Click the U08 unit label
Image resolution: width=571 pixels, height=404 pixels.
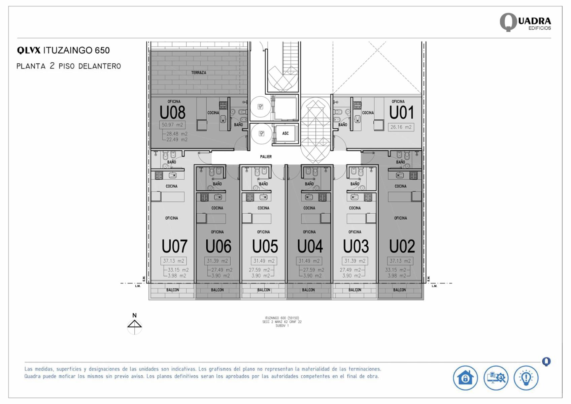172,113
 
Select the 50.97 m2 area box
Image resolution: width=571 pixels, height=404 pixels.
172,125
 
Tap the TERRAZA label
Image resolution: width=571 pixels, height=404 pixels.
198,72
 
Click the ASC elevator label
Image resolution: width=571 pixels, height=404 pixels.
285,133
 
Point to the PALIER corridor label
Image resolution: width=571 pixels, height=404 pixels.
266,157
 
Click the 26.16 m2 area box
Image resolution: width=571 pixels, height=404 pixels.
401,127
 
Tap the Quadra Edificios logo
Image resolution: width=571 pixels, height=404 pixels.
525,22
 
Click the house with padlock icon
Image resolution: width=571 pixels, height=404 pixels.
465,378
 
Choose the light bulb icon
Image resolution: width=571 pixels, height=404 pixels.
526,378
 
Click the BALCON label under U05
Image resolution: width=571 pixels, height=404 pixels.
264,290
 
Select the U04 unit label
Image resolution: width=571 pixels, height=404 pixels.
310,246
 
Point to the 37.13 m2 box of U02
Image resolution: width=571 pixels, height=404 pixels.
400,261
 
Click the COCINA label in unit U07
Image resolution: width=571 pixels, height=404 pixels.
171,186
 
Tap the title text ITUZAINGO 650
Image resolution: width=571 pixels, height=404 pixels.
76,51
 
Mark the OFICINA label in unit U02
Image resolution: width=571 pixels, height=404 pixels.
400,218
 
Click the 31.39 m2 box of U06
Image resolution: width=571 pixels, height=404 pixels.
217,261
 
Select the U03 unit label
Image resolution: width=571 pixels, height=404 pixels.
356,246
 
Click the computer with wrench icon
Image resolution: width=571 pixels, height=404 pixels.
496,378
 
